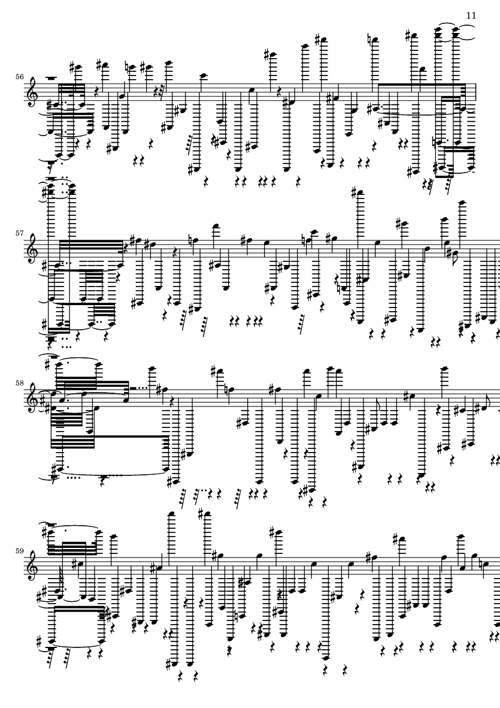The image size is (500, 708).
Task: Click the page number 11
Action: pos(471,16)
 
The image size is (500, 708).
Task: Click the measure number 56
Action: pos(19,77)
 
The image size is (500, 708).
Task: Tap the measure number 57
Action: pos(19,233)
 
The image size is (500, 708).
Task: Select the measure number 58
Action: pos(19,383)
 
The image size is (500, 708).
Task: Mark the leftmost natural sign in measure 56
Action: pos(127,68)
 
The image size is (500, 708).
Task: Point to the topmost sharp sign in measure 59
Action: pos(202,514)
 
